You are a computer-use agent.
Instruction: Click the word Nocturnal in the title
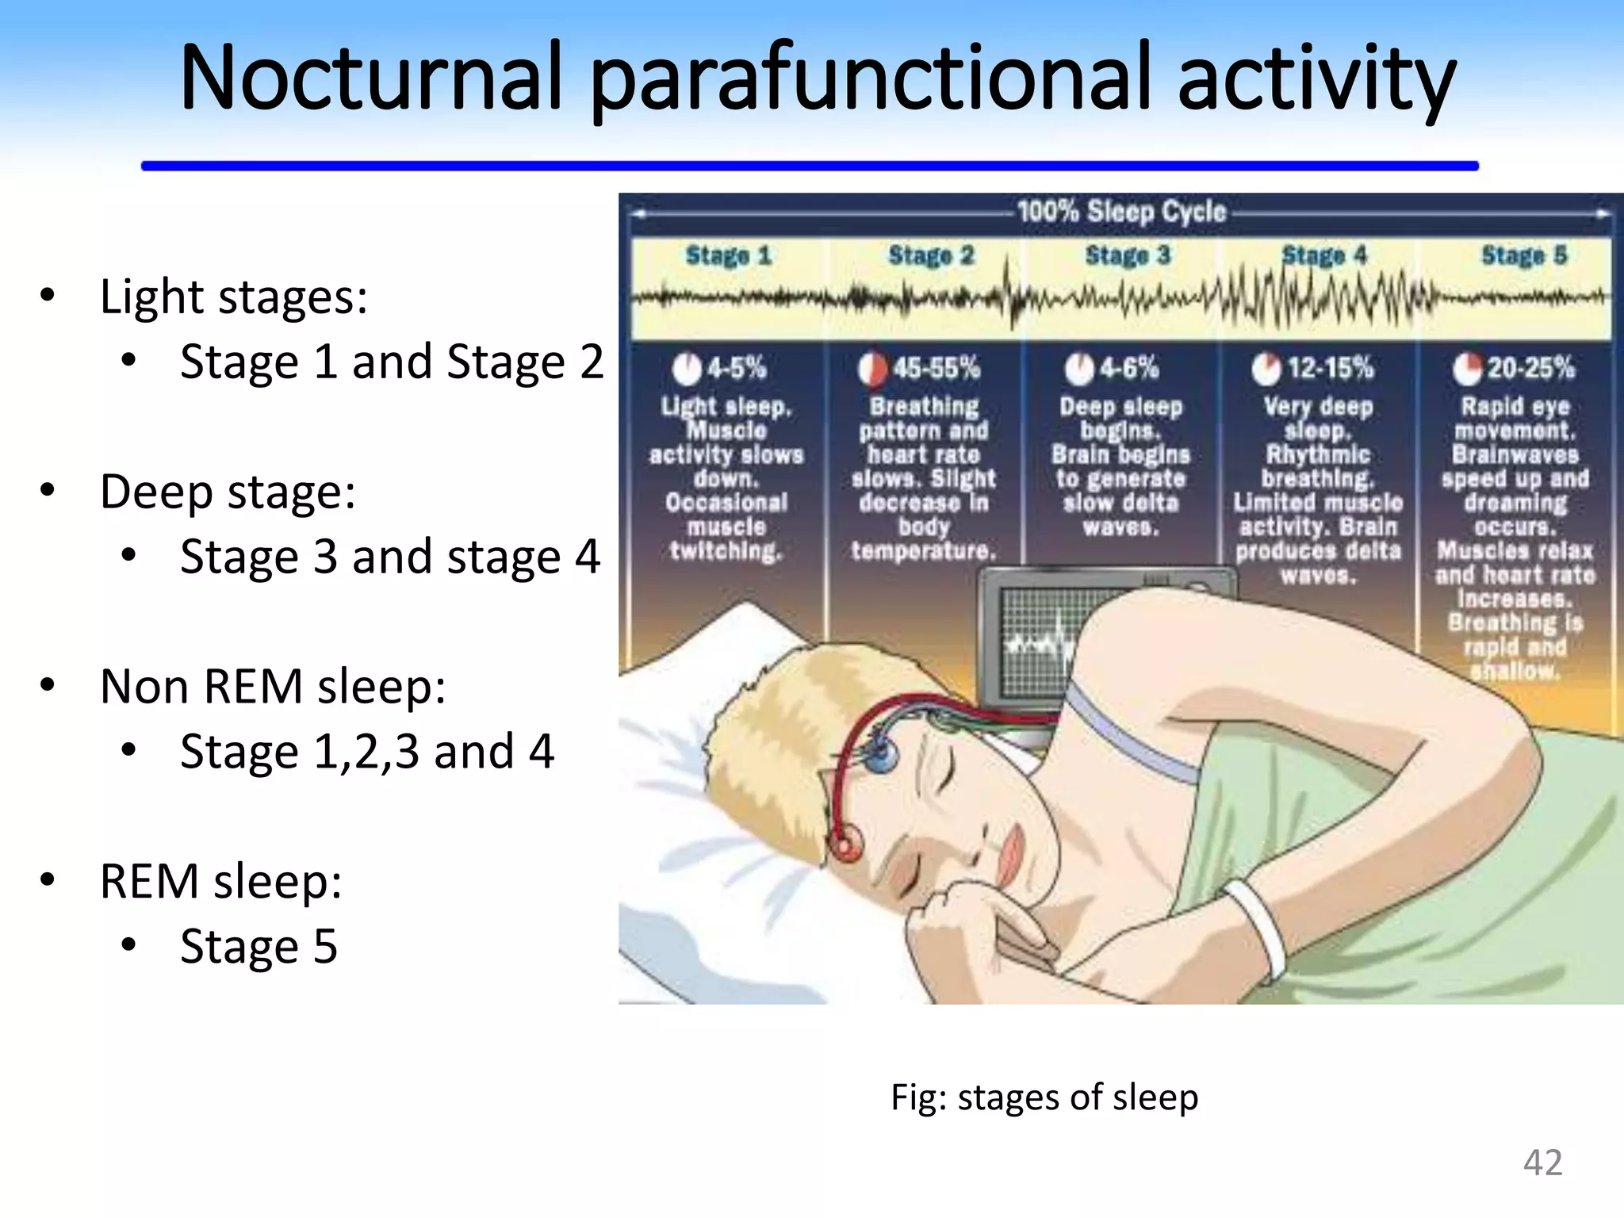371,78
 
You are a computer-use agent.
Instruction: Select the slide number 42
1542,1162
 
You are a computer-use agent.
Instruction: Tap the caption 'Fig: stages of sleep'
1044,1097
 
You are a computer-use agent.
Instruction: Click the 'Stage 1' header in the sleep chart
728,255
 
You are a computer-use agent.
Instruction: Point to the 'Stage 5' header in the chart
1524,255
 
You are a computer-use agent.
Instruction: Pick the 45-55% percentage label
936,368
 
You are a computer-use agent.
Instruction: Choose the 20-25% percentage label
1530,368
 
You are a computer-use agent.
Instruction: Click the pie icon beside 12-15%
1266,369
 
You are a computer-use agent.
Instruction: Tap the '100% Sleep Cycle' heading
1121,212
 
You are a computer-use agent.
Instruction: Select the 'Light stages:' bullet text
234,297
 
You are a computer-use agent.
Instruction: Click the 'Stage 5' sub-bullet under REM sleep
259,946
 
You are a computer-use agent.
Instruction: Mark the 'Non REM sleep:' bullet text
273,686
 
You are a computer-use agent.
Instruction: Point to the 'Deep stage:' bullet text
228,492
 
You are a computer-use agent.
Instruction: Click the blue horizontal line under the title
810,166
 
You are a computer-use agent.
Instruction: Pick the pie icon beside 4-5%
687,369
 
